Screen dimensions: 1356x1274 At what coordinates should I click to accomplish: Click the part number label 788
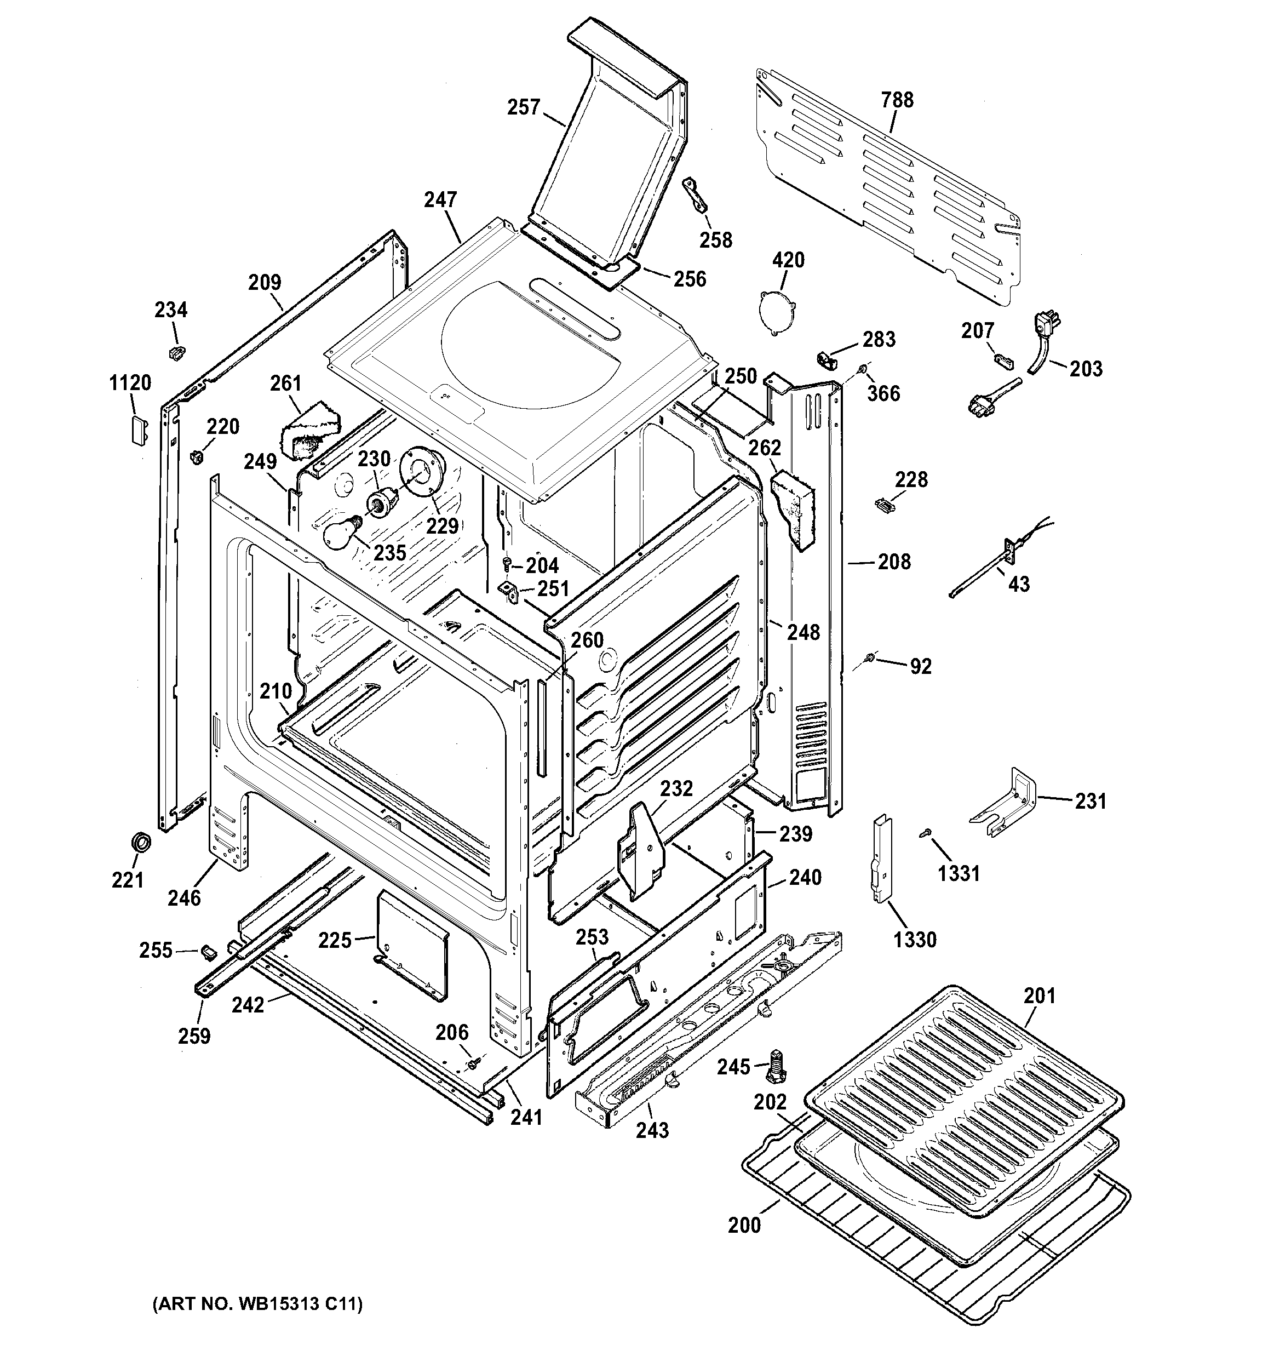point(897,100)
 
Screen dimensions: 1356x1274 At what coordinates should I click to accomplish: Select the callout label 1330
point(915,940)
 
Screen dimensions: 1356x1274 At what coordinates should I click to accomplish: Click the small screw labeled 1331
point(926,832)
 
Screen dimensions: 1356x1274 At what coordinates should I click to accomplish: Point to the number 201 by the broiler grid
point(1040,996)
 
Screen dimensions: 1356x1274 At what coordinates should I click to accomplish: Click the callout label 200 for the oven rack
point(744,1225)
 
